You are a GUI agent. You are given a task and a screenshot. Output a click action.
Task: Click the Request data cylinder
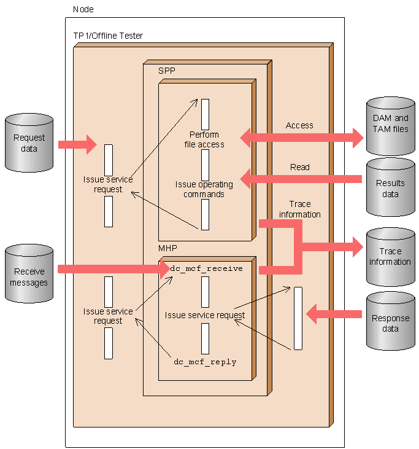click(29, 143)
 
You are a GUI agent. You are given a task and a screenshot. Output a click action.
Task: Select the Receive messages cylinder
click(29, 273)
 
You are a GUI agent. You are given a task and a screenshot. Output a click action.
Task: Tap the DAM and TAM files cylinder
click(390, 126)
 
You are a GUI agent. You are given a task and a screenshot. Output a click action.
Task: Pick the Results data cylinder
click(390, 187)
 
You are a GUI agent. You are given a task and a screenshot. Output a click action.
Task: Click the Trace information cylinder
click(390, 257)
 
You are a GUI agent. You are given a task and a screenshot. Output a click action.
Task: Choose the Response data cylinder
click(390, 321)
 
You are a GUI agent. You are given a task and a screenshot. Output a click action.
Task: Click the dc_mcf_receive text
click(206, 268)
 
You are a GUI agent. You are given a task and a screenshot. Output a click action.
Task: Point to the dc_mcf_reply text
click(205, 362)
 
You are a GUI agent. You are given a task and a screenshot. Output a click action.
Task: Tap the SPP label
click(166, 71)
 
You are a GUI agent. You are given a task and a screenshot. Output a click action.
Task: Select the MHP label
click(167, 248)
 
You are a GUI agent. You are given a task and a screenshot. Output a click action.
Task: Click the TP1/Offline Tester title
click(108, 36)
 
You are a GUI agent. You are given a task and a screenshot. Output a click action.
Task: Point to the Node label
click(83, 9)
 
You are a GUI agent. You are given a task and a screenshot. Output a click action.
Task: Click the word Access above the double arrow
click(299, 125)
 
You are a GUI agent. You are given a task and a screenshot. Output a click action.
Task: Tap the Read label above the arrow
click(300, 167)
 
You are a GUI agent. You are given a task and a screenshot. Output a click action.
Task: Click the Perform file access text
click(204, 139)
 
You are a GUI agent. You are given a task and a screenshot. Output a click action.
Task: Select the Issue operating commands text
click(204, 189)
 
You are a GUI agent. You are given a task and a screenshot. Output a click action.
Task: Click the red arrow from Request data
click(77, 144)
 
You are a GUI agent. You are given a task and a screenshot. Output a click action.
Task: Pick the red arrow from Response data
click(334, 314)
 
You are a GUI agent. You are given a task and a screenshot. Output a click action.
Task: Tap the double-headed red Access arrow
click(302, 138)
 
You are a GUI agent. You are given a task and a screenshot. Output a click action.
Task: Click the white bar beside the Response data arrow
click(298, 318)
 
